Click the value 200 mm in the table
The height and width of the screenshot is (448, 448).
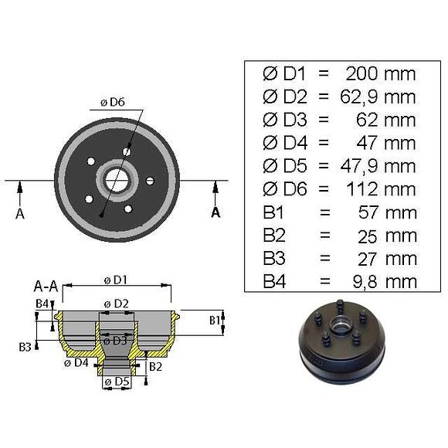point(378,74)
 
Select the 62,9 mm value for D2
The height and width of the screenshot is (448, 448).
point(378,97)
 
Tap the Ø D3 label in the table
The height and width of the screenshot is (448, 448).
point(283,120)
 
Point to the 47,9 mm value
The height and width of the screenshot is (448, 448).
point(378,166)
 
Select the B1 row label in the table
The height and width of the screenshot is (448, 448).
point(275,212)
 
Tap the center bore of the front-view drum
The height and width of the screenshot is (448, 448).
point(117,181)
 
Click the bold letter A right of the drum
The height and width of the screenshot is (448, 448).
point(216,212)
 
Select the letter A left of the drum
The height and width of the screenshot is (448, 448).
point(20,214)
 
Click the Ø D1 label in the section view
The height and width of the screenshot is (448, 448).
point(117,279)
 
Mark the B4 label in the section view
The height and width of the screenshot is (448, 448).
point(42,303)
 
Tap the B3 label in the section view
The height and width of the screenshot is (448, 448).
point(27,347)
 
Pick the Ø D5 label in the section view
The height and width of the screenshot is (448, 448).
point(117,381)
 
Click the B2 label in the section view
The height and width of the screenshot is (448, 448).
point(154,365)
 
